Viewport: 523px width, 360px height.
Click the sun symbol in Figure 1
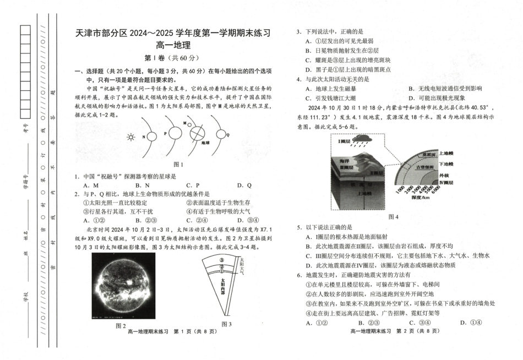click(130, 137)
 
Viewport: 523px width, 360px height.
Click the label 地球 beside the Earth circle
click(206, 142)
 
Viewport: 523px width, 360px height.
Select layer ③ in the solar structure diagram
click(221, 259)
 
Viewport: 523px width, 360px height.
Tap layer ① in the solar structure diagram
click(221, 270)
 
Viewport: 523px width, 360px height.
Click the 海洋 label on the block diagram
click(344, 162)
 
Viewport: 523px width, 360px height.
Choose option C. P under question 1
click(193, 186)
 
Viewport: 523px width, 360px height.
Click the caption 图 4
click(393, 217)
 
